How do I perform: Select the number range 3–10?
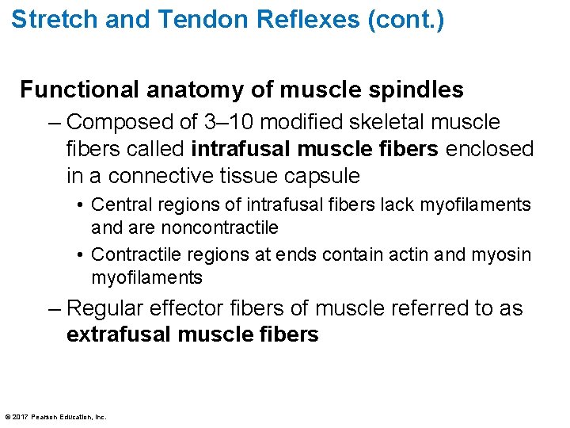229,122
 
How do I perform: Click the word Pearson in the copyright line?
47,417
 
